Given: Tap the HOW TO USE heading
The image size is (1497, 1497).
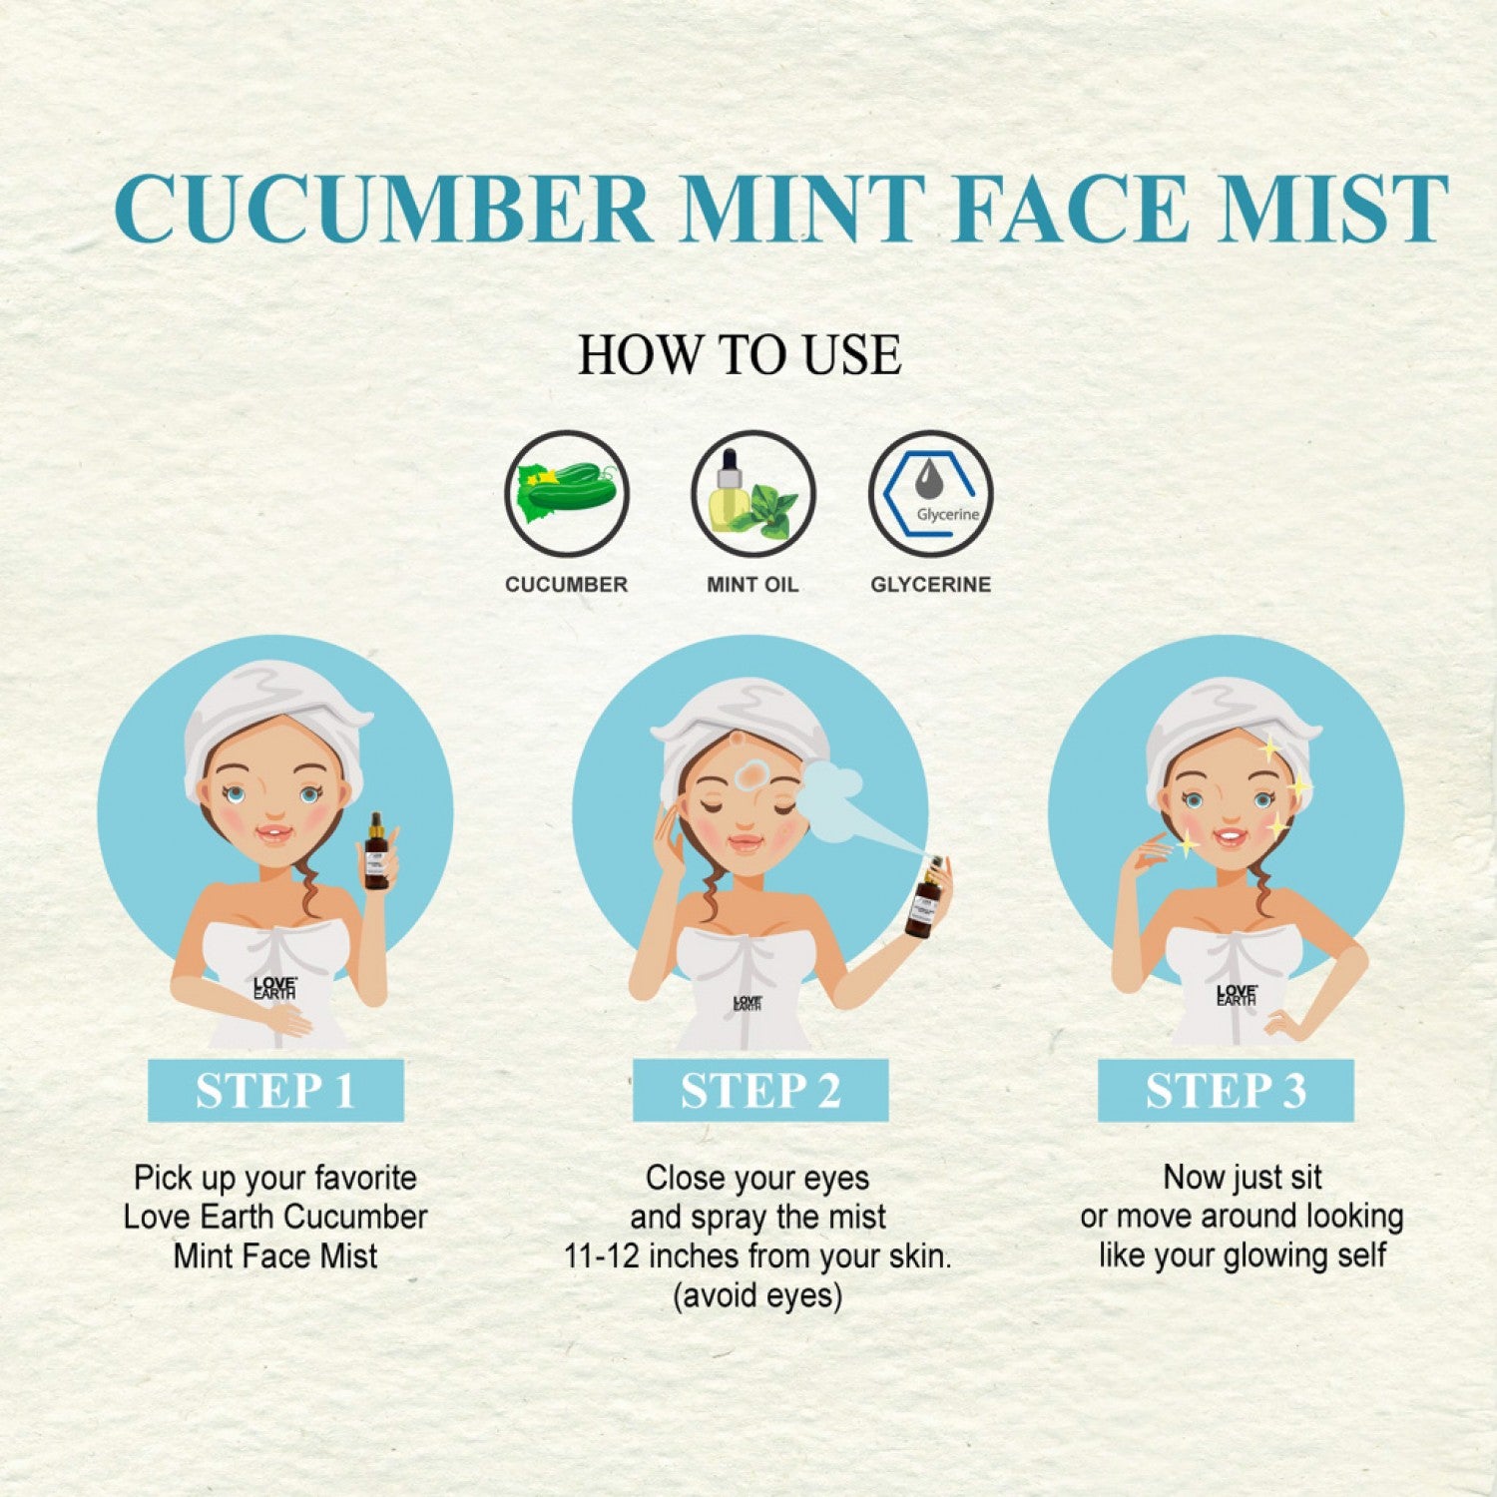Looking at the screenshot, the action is [x=740, y=355].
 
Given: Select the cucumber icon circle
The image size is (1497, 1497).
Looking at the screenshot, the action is [x=567, y=494].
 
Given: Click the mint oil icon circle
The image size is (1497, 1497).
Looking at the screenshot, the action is [x=753, y=494].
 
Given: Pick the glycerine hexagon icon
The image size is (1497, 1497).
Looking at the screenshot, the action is [x=931, y=494].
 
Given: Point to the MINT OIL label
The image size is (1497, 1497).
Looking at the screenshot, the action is [x=752, y=585].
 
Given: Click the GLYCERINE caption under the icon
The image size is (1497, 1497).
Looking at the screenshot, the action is [x=931, y=585].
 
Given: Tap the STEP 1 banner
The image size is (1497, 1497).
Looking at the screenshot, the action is [x=275, y=1091].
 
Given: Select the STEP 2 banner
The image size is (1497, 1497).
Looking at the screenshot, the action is [x=760, y=1091].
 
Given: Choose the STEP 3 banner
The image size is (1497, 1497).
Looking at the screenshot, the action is [x=1226, y=1091].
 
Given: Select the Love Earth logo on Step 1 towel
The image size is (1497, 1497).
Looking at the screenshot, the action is [x=274, y=988].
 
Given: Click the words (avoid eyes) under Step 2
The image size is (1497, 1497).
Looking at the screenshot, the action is [x=757, y=1295].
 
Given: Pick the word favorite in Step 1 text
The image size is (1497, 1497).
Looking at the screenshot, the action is [x=365, y=1178].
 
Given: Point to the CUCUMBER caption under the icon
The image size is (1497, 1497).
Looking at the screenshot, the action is [x=567, y=585].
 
